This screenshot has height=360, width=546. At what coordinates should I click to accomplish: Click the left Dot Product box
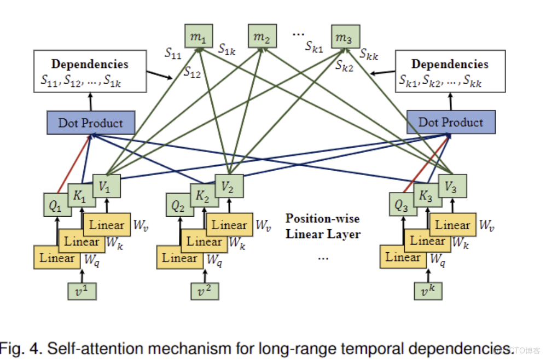(90, 123)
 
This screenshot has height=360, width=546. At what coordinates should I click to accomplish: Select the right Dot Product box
(451, 122)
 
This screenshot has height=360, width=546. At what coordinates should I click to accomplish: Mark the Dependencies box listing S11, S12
(90, 72)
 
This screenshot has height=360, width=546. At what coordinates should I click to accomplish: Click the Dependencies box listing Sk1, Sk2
(450, 72)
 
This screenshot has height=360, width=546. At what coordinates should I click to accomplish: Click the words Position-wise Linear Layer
(323, 226)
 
